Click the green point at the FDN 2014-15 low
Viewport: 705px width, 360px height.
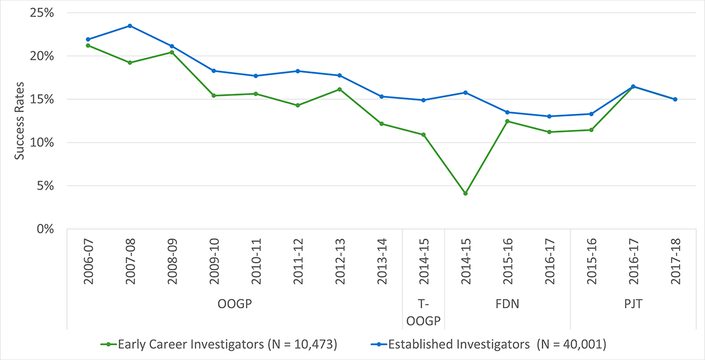[x=465, y=193]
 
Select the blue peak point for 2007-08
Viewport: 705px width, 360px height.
[x=130, y=26]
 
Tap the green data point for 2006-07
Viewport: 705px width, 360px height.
[x=88, y=45]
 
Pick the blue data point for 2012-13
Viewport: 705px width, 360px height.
[x=340, y=75]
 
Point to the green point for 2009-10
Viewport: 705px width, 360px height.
[x=214, y=95]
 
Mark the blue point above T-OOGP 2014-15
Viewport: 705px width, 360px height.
[x=424, y=100]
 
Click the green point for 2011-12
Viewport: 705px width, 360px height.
[x=298, y=105]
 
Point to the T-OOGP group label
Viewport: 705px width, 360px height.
[x=424, y=312]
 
